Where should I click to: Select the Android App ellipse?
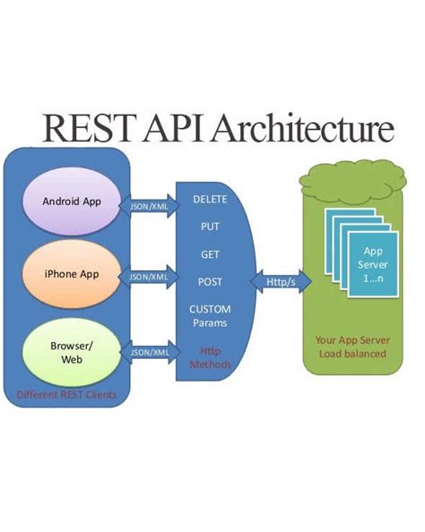point(73,201)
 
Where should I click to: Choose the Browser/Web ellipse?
point(73,352)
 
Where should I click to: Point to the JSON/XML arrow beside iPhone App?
point(151,277)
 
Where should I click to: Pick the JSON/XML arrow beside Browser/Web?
point(151,353)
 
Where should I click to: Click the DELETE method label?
point(210,199)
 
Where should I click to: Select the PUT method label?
point(210,227)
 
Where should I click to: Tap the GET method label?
point(210,254)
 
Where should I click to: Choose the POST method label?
point(210,282)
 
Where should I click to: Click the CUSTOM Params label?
point(210,315)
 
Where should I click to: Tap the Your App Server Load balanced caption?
point(351,347)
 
